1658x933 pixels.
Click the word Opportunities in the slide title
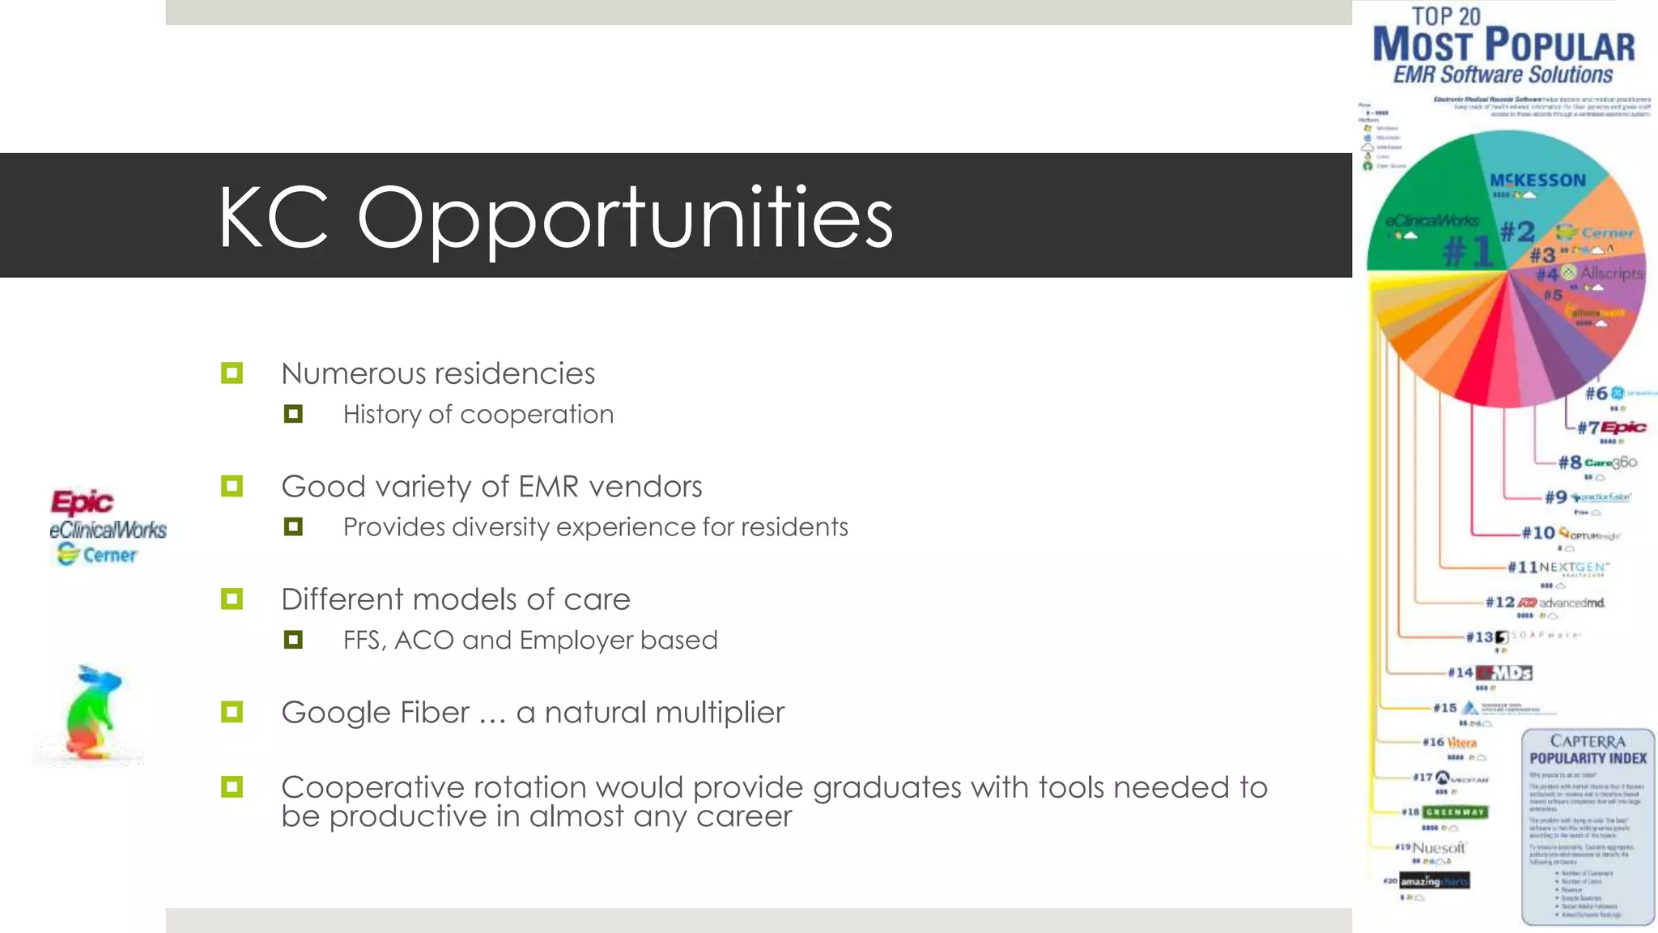pos(625,217)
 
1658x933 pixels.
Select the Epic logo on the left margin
pos(82,502)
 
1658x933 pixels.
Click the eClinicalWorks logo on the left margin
pos(108,530)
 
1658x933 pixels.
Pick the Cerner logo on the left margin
pos(98,555)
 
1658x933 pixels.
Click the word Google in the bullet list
pos(334,713)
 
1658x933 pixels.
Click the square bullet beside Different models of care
pos(232,599)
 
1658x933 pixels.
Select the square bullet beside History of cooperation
pos(293,415)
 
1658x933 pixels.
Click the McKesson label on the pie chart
pos(1537,181)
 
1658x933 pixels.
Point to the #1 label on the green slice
pos(1468,251)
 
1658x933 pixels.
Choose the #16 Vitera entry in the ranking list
pos(1450,742)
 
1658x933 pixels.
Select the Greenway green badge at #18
pos(1455,812)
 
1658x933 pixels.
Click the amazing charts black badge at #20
pos(1435,880)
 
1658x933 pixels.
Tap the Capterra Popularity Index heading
pos(1588,750)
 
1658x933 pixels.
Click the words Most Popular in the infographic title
pos(1503,45)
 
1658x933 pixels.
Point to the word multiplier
pos(716,713)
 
